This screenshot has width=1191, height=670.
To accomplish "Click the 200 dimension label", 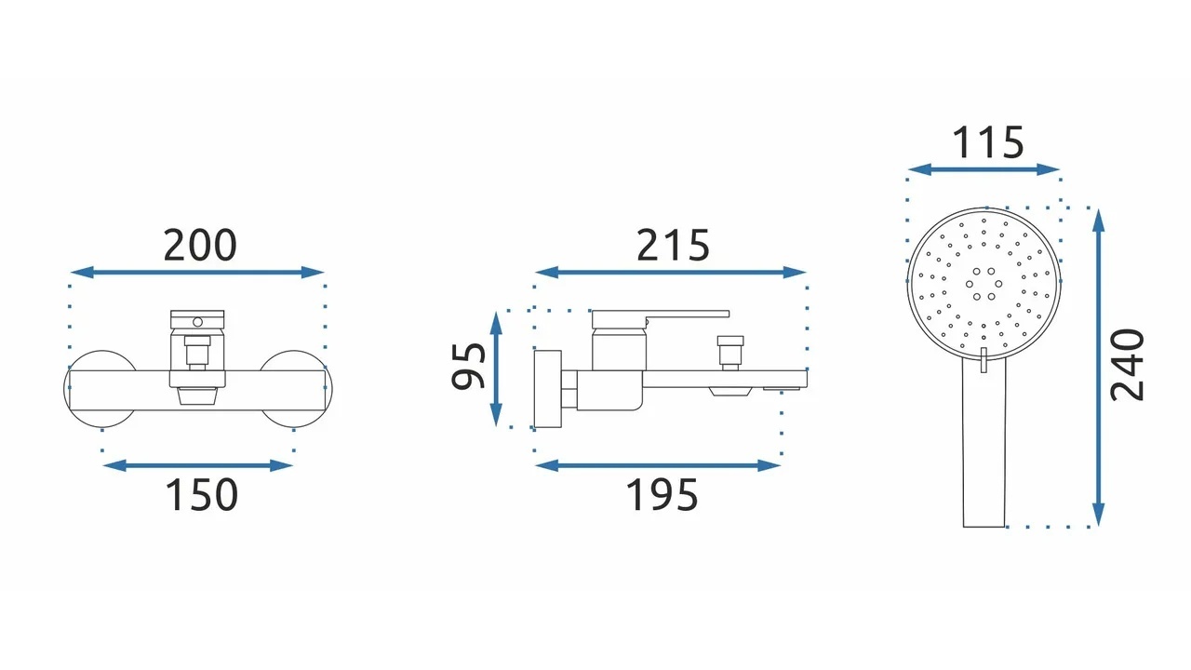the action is (x=200, y=245).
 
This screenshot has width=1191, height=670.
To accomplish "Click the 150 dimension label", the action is (x=202, y=494).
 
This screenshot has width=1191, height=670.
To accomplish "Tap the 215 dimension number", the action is (x=673, y=245).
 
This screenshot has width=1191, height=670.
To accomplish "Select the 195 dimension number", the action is (x=662, y=494).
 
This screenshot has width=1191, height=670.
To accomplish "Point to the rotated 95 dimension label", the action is (x=468, y=367).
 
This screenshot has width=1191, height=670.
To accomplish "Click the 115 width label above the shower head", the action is (x=988, y=142).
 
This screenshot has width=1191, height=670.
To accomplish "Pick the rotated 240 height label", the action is (x=1127, y=366).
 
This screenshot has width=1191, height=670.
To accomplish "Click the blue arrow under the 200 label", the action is (x=197, y=273).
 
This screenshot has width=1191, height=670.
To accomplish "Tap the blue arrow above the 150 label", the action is (x=197, y=466).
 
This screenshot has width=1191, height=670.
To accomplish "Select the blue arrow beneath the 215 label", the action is (x=671, y=273).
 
